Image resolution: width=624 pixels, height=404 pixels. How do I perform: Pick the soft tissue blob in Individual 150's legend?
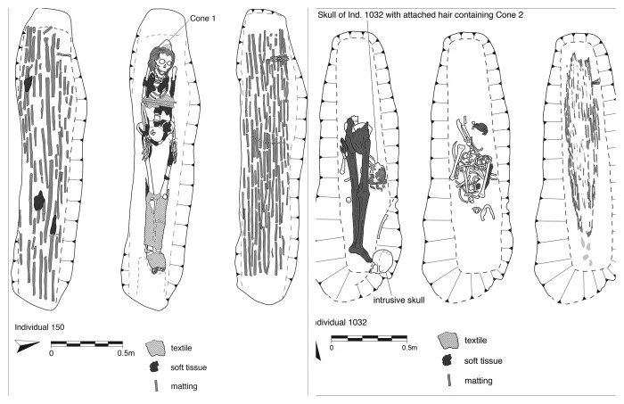[x=158, y=367]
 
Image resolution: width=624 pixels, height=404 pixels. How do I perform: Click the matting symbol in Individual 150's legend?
[x=158, y=385]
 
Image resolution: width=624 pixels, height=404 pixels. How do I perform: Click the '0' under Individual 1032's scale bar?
[x=332, y=348]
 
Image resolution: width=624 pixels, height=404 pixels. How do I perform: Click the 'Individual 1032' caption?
[x=344, y=321]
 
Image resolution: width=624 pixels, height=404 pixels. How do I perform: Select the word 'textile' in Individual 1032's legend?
[x=478, y=342]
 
